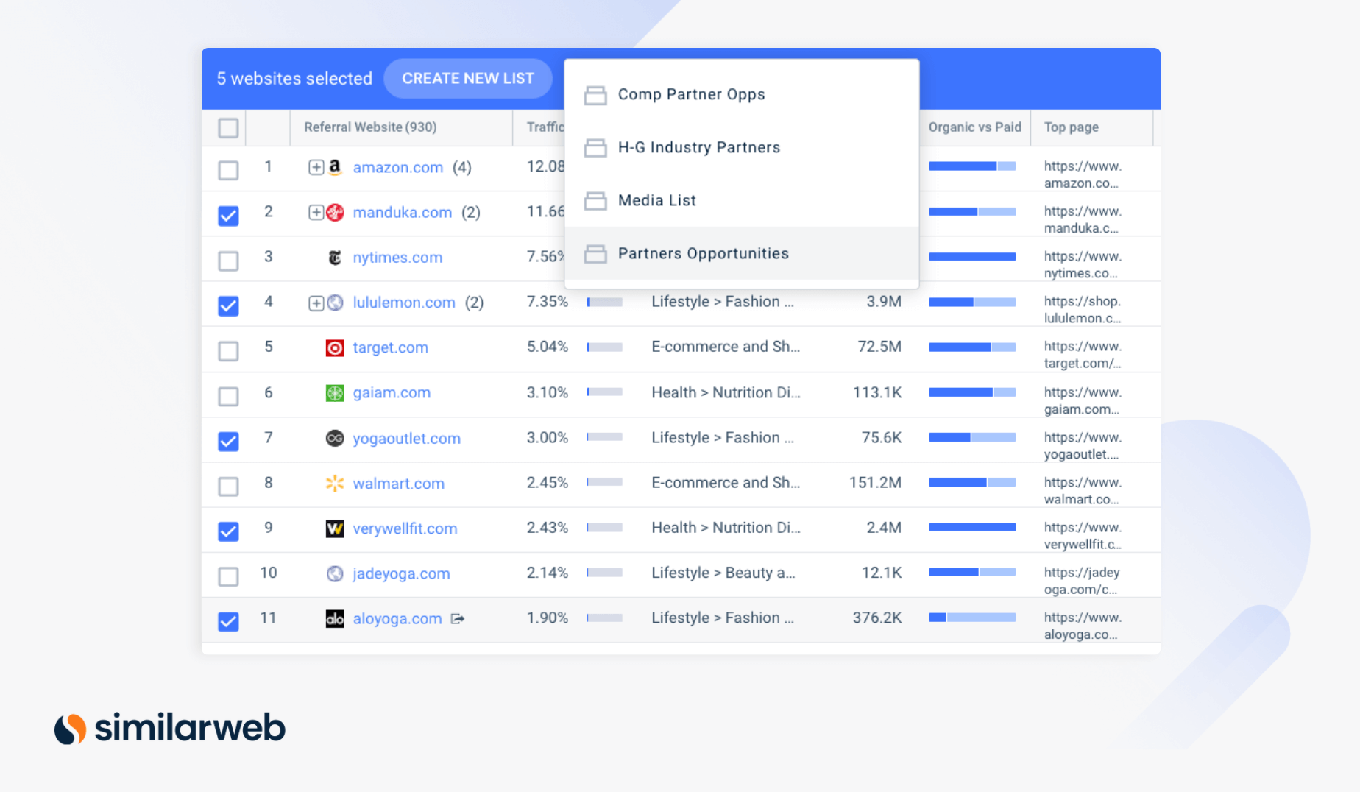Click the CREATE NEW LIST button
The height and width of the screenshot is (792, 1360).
467,79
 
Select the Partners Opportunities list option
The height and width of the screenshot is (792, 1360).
703,254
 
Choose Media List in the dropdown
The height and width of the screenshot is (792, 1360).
656,201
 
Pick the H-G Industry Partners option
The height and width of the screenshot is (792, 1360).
698,148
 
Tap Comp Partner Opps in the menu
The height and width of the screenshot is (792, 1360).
691,95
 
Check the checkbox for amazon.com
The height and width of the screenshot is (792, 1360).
229,170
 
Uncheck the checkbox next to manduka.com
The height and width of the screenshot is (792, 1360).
229,215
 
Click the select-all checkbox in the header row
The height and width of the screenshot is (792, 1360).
229,128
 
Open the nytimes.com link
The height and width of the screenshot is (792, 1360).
397,258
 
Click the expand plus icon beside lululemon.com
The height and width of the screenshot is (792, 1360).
316,303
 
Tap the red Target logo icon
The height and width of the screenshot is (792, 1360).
335,348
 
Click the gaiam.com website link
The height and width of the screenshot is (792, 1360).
392,393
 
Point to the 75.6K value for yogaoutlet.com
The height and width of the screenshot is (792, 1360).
881,438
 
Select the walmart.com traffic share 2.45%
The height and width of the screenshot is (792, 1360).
547,483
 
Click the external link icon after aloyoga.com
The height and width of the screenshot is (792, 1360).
458,619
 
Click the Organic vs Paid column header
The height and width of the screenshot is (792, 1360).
974,127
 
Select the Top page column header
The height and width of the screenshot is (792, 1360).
1071,127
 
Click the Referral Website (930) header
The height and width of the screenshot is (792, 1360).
370,127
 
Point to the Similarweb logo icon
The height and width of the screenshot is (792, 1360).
71,729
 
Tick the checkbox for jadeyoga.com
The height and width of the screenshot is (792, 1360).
229,576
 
